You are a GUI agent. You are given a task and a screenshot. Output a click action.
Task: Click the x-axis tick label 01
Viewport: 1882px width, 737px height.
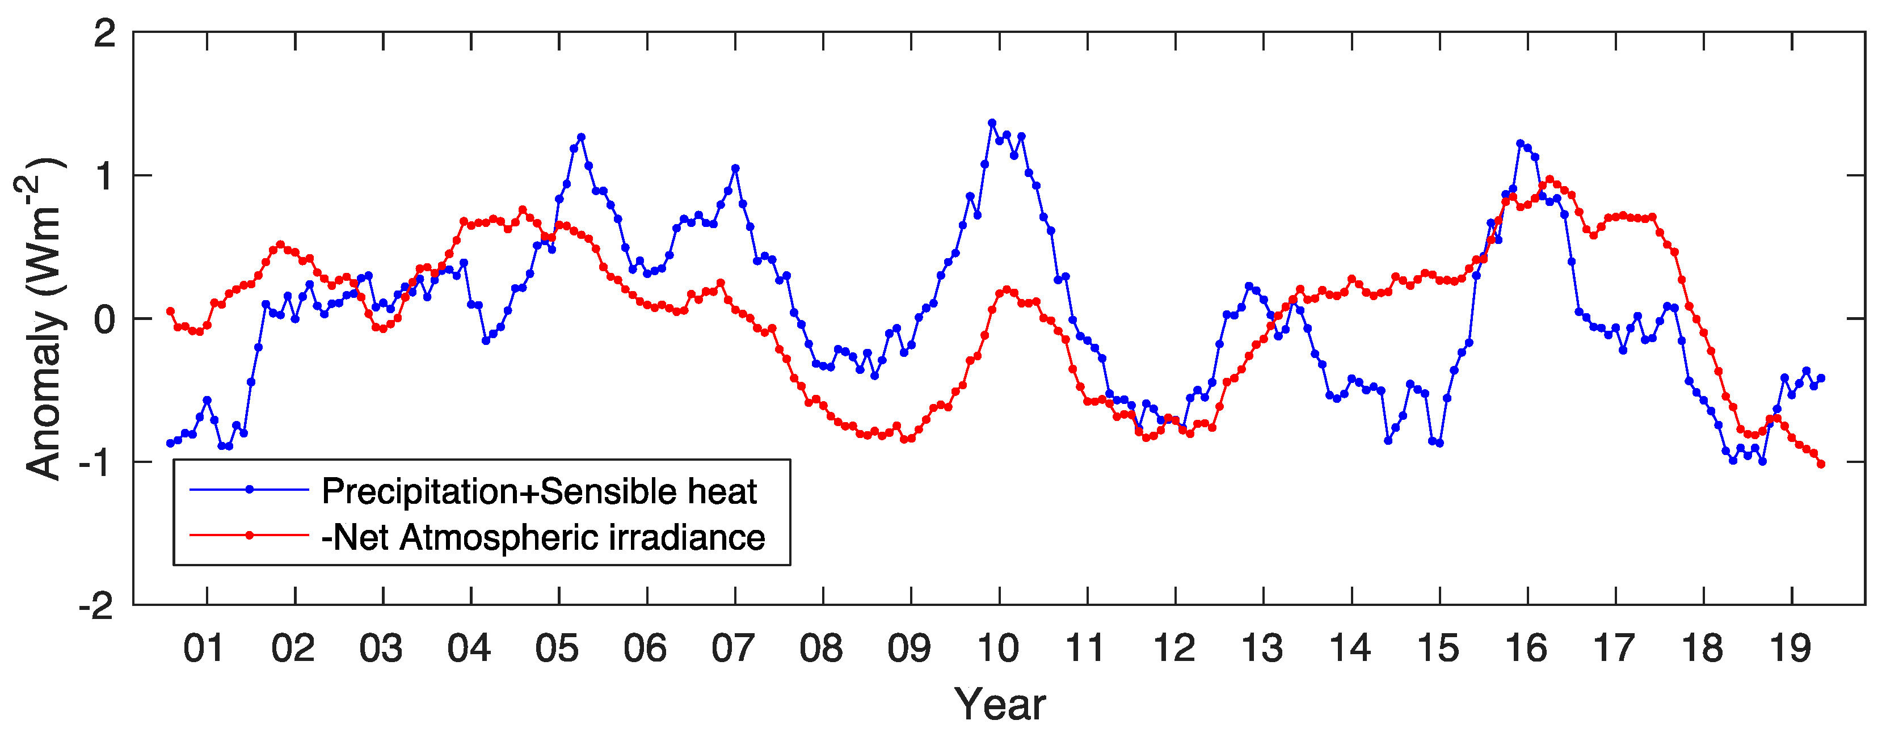203,648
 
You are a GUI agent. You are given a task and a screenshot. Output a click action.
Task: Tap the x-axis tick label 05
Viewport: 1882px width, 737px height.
557,648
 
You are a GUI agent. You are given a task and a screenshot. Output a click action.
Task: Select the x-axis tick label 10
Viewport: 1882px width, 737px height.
997,648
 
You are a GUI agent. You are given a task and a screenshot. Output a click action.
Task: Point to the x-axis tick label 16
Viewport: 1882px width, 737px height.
1526,648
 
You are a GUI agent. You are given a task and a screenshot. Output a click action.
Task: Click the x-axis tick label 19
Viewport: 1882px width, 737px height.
1790,648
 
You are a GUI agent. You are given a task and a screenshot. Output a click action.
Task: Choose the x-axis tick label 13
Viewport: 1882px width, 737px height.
1262,648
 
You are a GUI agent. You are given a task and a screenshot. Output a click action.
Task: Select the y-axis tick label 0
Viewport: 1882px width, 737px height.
104,320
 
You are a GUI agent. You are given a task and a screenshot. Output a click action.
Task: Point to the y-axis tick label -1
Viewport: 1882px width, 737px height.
96,463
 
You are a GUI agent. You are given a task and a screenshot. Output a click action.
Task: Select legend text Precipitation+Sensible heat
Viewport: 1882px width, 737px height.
538,491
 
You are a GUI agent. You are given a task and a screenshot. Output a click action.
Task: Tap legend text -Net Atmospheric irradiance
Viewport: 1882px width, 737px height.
543,538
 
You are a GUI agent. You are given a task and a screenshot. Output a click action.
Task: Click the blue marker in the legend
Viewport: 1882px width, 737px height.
249,490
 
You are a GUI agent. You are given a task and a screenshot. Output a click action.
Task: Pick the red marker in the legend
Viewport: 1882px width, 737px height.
249,536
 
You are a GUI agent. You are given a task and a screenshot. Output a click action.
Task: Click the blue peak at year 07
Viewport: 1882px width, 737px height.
735,169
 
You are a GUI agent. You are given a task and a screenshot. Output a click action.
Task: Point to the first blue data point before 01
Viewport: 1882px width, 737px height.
170,443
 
